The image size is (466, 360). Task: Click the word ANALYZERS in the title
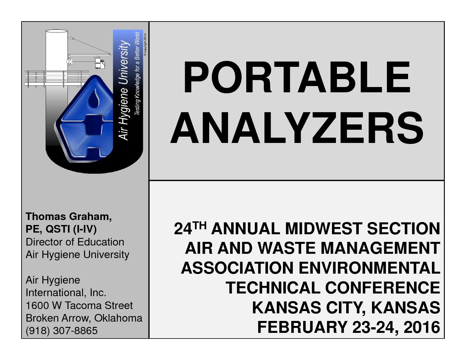point(297,128)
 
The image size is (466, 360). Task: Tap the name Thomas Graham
point(69,216)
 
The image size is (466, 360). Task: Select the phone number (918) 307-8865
point(62,331)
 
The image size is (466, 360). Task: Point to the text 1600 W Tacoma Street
point(79,305)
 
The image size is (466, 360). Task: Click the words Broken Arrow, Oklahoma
point(84,318)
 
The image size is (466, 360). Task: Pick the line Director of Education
point(75,242)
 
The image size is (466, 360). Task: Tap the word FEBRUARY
point(302,327)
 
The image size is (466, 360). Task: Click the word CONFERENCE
point(383,288)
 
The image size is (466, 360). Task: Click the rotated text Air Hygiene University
point(124,90)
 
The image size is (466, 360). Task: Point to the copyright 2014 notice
point(145,45)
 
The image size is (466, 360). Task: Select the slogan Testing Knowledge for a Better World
point(137,73)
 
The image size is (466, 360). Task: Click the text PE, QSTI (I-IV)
point(61,229)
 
